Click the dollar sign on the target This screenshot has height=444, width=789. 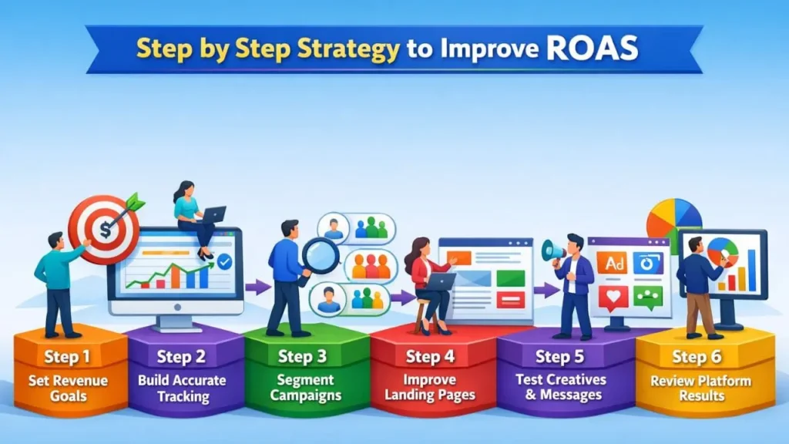[x=102, y=230]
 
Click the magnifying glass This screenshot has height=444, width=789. [x=321, y=255]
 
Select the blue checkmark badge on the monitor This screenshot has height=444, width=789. [x=224, y=262]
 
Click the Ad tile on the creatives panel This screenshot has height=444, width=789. [x=616, y=264]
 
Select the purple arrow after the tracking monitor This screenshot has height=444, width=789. [x=257, y=287]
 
